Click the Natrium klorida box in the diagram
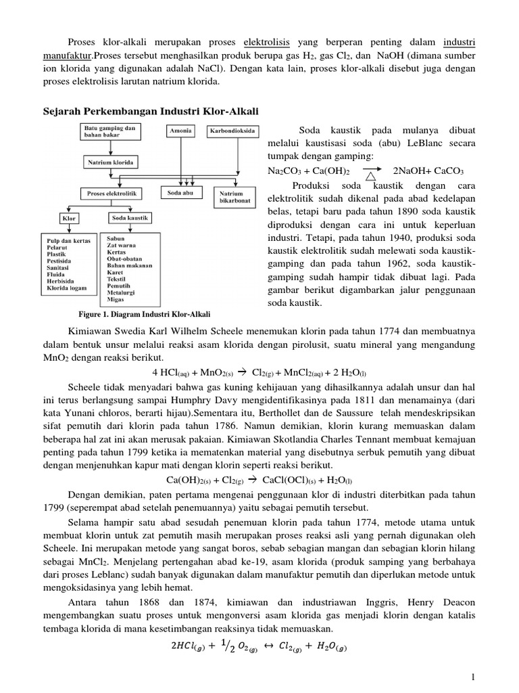pyautogui.click(x=112, y=162)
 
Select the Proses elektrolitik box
pyautogui.click(x=113, y=194)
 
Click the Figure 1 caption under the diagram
pyautogui.click(x=145, y=315)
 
